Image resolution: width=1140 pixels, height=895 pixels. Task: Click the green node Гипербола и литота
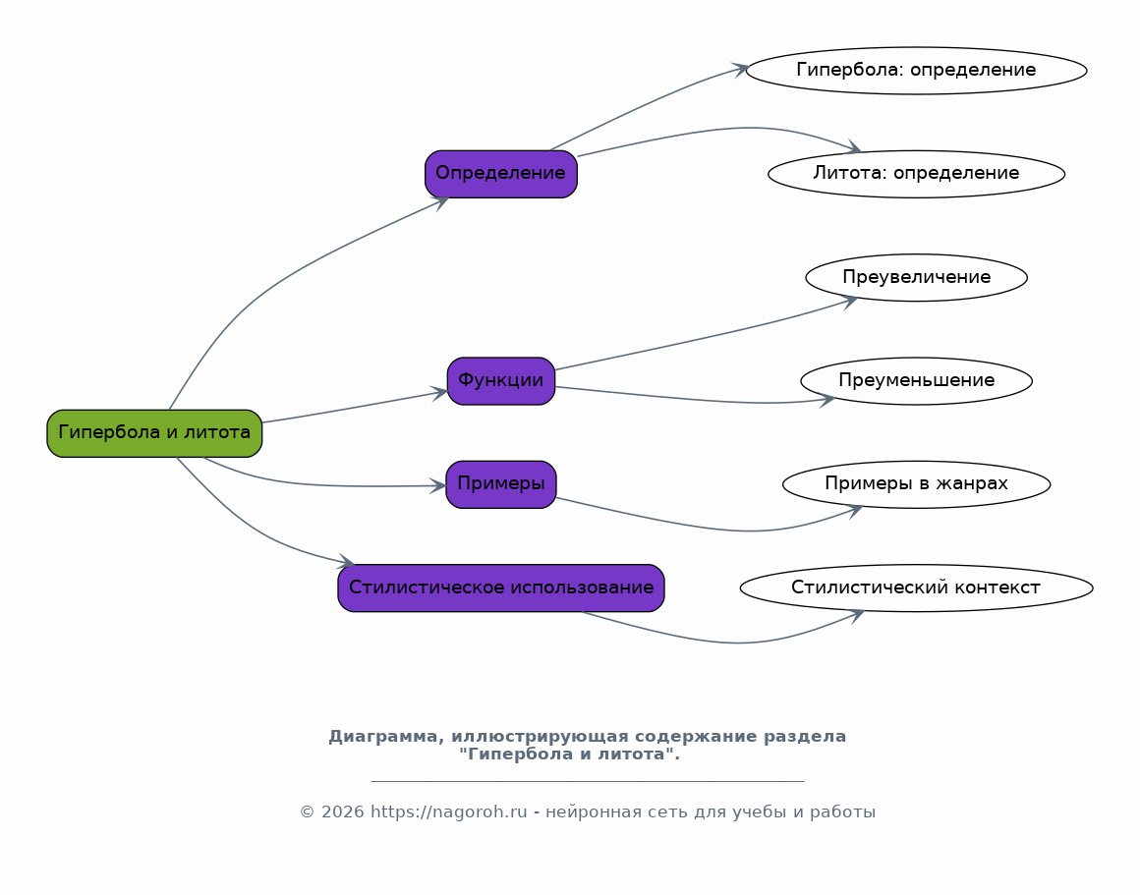coord(154,433)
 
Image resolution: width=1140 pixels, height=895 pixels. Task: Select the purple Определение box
coord(501,174)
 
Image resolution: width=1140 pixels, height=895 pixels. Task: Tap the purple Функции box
coord(501,381)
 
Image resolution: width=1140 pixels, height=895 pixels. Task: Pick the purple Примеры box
coord(501,484)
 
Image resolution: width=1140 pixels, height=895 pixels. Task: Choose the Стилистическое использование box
coord(501,588)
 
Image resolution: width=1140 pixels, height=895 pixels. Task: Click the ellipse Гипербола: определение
coord(916,71)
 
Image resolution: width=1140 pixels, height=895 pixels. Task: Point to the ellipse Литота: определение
coord(916,174)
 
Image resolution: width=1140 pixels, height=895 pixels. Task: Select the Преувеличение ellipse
coord(916,278)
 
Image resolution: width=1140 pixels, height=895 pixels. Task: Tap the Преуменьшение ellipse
coord(916,381)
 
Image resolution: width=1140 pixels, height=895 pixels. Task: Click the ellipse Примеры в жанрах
coord(916,484)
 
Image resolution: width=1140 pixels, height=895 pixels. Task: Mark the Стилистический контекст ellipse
coord(916,588)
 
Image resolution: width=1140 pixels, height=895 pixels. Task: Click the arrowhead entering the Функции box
coord(440,393)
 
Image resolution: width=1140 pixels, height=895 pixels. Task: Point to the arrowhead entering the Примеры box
coord(437,485)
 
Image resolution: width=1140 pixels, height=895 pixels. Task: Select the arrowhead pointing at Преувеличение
coord(850,301)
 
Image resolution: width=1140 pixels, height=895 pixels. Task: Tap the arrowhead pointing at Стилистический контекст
coord(856,615)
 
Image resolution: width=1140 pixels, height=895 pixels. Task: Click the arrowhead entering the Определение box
coord(440,202)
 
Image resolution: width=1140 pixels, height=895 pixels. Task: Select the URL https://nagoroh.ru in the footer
coord(448,812)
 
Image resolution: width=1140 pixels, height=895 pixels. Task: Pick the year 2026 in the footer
coord(342,812)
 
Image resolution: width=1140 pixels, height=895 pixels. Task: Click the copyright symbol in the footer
coord(307,812)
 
